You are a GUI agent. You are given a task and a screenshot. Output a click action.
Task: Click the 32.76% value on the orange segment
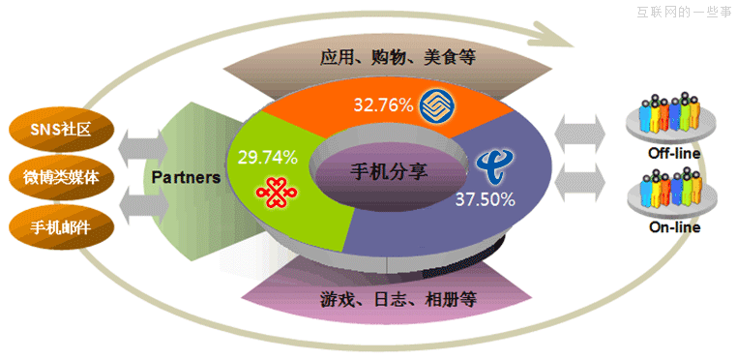click(x=384, y=104)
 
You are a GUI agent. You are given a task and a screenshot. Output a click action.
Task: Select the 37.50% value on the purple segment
click(x=485, y=199)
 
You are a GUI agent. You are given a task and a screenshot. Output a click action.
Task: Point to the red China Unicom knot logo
click(x=273, y=191)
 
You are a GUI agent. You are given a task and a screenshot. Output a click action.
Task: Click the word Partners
click(x=186, y=177)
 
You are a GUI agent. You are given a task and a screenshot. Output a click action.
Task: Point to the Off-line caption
click(x=674, y=154)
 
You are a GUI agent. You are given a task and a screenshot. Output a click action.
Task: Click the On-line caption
click(x=674, y=227)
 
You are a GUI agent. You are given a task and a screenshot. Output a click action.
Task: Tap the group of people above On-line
click(x=674, y=189)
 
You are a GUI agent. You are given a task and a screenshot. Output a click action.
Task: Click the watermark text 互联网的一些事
click(x=684, y=12)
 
